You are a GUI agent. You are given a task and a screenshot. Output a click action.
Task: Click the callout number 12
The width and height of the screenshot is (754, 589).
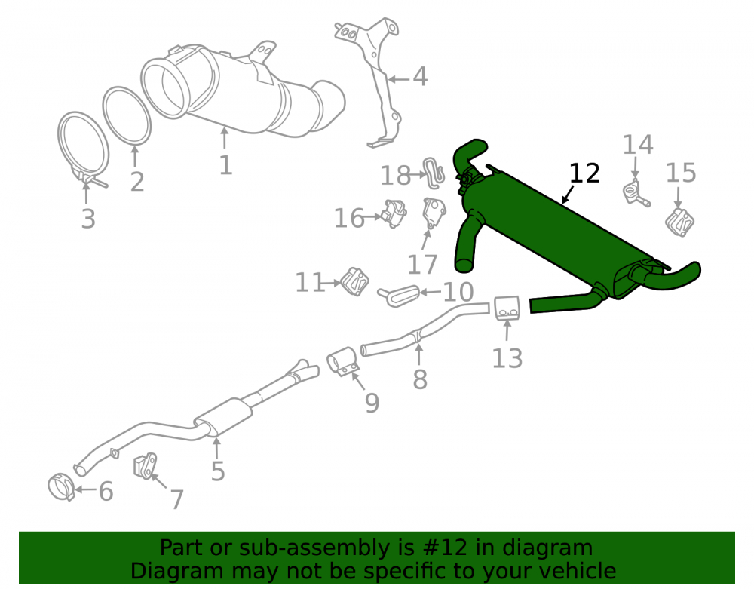pyautogui.click(x=584, y=173)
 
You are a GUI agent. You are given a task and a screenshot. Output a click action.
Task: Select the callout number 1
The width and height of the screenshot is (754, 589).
pyautogui.click(x=225, y=165)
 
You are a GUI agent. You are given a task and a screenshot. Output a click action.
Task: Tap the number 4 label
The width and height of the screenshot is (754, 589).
pyautogui.click(x=420, y=77)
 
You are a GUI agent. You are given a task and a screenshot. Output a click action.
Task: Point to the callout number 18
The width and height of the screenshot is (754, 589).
pyautogui.click(x=395, y=176)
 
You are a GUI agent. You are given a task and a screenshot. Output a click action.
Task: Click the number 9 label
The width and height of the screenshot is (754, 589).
pyautogui.click(x=372, y=403)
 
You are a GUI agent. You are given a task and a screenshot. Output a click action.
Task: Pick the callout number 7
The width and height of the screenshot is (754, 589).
pyautogui.click(x=177, y=499)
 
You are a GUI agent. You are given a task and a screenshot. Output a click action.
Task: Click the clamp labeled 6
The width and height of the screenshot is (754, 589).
pyautogui.click(x=62, y=486)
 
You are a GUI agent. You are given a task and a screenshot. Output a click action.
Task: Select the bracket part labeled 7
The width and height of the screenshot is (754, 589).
pyautogui.click(x=146, y=466)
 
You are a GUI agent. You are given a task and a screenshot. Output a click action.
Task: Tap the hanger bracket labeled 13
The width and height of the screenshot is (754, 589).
pyautogui.click(x=507, y=308)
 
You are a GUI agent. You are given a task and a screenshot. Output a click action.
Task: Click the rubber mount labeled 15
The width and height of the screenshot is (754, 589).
pyautogui.click(x=679, y=222)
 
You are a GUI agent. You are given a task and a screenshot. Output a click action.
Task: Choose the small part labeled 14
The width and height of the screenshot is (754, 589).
pyautogui.click(x=636, y=193)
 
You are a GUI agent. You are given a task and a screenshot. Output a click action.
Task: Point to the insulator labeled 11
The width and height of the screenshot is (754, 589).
pyautogui.click(x=355, y=281)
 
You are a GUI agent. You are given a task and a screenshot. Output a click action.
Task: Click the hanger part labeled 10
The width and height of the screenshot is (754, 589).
pyautogui.click(x=399, y=295)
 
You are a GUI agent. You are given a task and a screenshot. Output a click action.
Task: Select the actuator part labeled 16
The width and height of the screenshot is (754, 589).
pyautogui.click(x=394, y=214)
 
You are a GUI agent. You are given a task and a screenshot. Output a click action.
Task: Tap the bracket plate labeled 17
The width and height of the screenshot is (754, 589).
pyautogui.click(x=434, y=213)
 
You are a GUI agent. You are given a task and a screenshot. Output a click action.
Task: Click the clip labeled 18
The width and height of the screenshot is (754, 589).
pyautogui.click(x=434, y=173)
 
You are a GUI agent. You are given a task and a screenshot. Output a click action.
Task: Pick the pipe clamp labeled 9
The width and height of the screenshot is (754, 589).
pyautogui.click(x=343, y=362)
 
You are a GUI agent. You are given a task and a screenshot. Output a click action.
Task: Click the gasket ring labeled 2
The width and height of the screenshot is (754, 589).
pyautogui.click(x=127, y=115)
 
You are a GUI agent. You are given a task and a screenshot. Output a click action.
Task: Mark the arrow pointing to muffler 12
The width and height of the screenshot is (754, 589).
pyautogui.click(x=568, y=195)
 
